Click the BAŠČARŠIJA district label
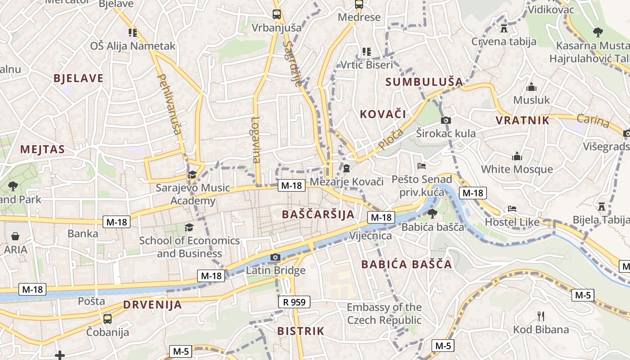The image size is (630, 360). (318, 214)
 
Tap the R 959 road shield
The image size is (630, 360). (294, 302)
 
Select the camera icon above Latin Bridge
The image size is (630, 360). (275, 257)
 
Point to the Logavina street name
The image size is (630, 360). (256, 139)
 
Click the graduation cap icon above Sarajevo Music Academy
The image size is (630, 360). (192, 175)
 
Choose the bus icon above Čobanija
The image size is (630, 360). (108, 319)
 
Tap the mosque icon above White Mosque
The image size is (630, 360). (517, 156)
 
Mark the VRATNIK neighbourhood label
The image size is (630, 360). (522, 120)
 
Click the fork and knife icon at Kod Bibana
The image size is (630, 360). (541, 316)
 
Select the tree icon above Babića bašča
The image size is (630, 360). (432, 213)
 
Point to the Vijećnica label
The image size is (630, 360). (370, 235)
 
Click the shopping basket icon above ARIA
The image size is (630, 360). (15, 236)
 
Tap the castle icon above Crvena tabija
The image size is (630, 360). (504, 28)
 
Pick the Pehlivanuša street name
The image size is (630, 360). (169, 104)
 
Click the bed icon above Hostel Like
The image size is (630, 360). (512, 209)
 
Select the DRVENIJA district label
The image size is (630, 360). (153, 305)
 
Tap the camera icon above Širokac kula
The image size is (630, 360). (446, 120)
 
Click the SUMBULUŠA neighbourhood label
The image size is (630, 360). (424, 82)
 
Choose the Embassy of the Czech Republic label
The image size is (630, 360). (384, 314)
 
